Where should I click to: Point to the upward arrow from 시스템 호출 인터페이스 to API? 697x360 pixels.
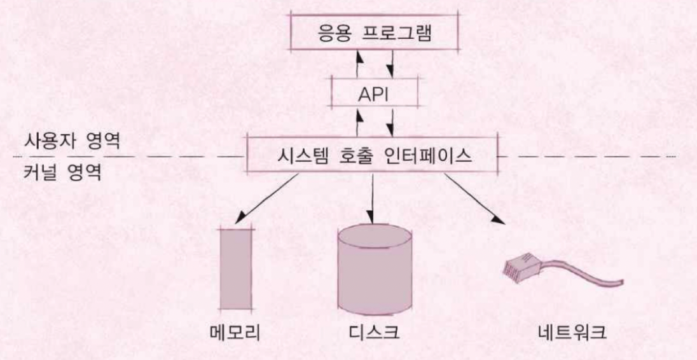point(359,121)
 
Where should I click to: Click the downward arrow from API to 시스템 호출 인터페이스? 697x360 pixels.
point(393,121)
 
